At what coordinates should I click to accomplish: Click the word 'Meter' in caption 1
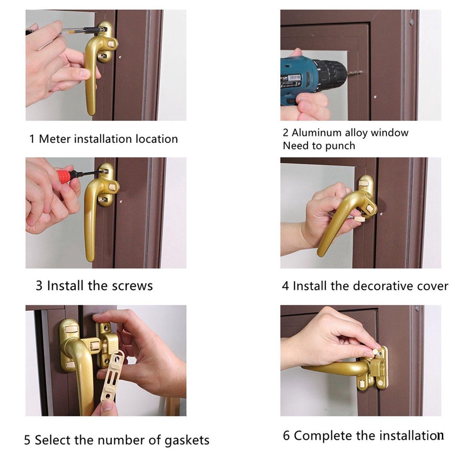(55, 139)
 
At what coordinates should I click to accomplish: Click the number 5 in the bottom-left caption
(27, 440)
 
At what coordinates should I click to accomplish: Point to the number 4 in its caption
(285, 286)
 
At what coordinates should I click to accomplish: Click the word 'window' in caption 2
(389, 133)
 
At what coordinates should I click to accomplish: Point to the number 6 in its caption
(286, 436)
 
